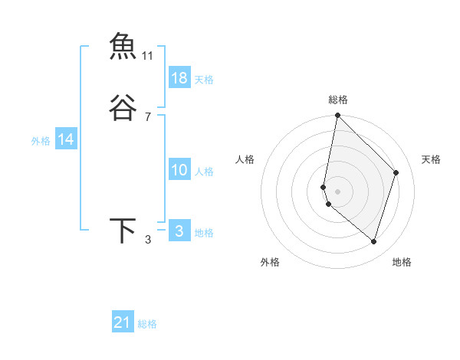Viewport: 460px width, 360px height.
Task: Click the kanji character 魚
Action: pos(123,47)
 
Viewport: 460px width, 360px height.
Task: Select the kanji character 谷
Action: pos(123,108)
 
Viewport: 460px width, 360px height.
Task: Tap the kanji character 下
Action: pos(123,231)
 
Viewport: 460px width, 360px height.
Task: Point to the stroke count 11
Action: pos(148,56)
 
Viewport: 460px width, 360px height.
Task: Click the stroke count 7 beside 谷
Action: pos(148,117)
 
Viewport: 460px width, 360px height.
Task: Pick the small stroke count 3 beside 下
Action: pos(148,240)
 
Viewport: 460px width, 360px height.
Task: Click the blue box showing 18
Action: pos(179,78)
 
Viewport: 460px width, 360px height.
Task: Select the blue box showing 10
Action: pos(179,170)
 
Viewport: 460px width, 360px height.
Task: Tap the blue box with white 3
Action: pos(179,231)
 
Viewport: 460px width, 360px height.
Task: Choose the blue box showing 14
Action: pos(66,139)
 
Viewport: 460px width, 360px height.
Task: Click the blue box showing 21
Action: pos(123,322)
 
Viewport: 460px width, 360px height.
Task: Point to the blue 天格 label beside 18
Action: pos(204,80)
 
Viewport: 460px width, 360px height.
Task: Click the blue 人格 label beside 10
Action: pos(204,172)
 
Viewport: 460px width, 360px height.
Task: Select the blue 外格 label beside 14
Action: pos(41,141)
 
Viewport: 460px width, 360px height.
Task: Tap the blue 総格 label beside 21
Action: pos(147,324)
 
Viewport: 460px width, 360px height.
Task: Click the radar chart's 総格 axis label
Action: pos(338,100)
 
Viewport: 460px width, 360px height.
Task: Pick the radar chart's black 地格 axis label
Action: pos(402,262)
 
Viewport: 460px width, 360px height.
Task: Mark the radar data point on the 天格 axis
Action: pos(396,172)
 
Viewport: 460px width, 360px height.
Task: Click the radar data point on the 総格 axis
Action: pos(337,115)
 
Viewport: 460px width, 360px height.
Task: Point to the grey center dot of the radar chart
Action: pos(337,191)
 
